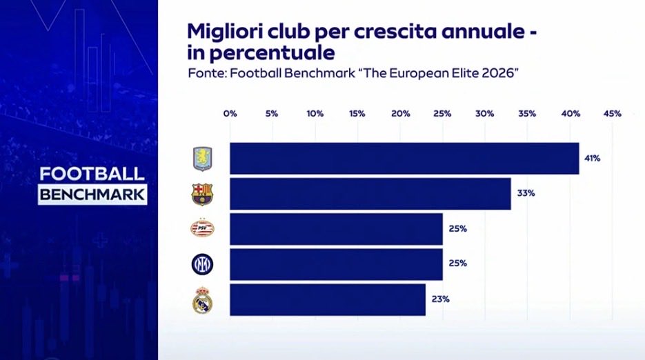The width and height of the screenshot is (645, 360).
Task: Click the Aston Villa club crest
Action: click(202, 159)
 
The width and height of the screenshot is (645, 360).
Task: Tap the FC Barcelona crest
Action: click(202, 194)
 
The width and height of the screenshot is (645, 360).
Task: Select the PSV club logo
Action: click(202, 228)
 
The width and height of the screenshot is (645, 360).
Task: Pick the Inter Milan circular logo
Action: click(202, 264)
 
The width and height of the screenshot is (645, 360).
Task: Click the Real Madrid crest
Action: click(202, 300)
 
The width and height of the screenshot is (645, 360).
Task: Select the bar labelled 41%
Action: click(404, 159)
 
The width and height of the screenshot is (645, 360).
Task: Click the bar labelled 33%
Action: click(370, 194)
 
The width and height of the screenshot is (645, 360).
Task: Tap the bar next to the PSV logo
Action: click(336, 229)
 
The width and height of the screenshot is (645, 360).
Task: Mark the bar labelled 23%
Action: click(328, 299)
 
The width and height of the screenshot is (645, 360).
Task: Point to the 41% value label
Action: click(593, 158)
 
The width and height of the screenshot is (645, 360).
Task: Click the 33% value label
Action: click(526, 193)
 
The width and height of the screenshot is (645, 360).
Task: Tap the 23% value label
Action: click(441, 299)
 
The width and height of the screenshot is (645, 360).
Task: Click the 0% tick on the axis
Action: click(230, 114)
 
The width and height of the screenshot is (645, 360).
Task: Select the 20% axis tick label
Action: click(401, 114)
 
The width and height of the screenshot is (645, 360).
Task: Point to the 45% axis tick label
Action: click(613, 114)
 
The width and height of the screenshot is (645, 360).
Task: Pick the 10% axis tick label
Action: click(315, 114)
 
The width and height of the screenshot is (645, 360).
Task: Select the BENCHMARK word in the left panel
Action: click(92, 194)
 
